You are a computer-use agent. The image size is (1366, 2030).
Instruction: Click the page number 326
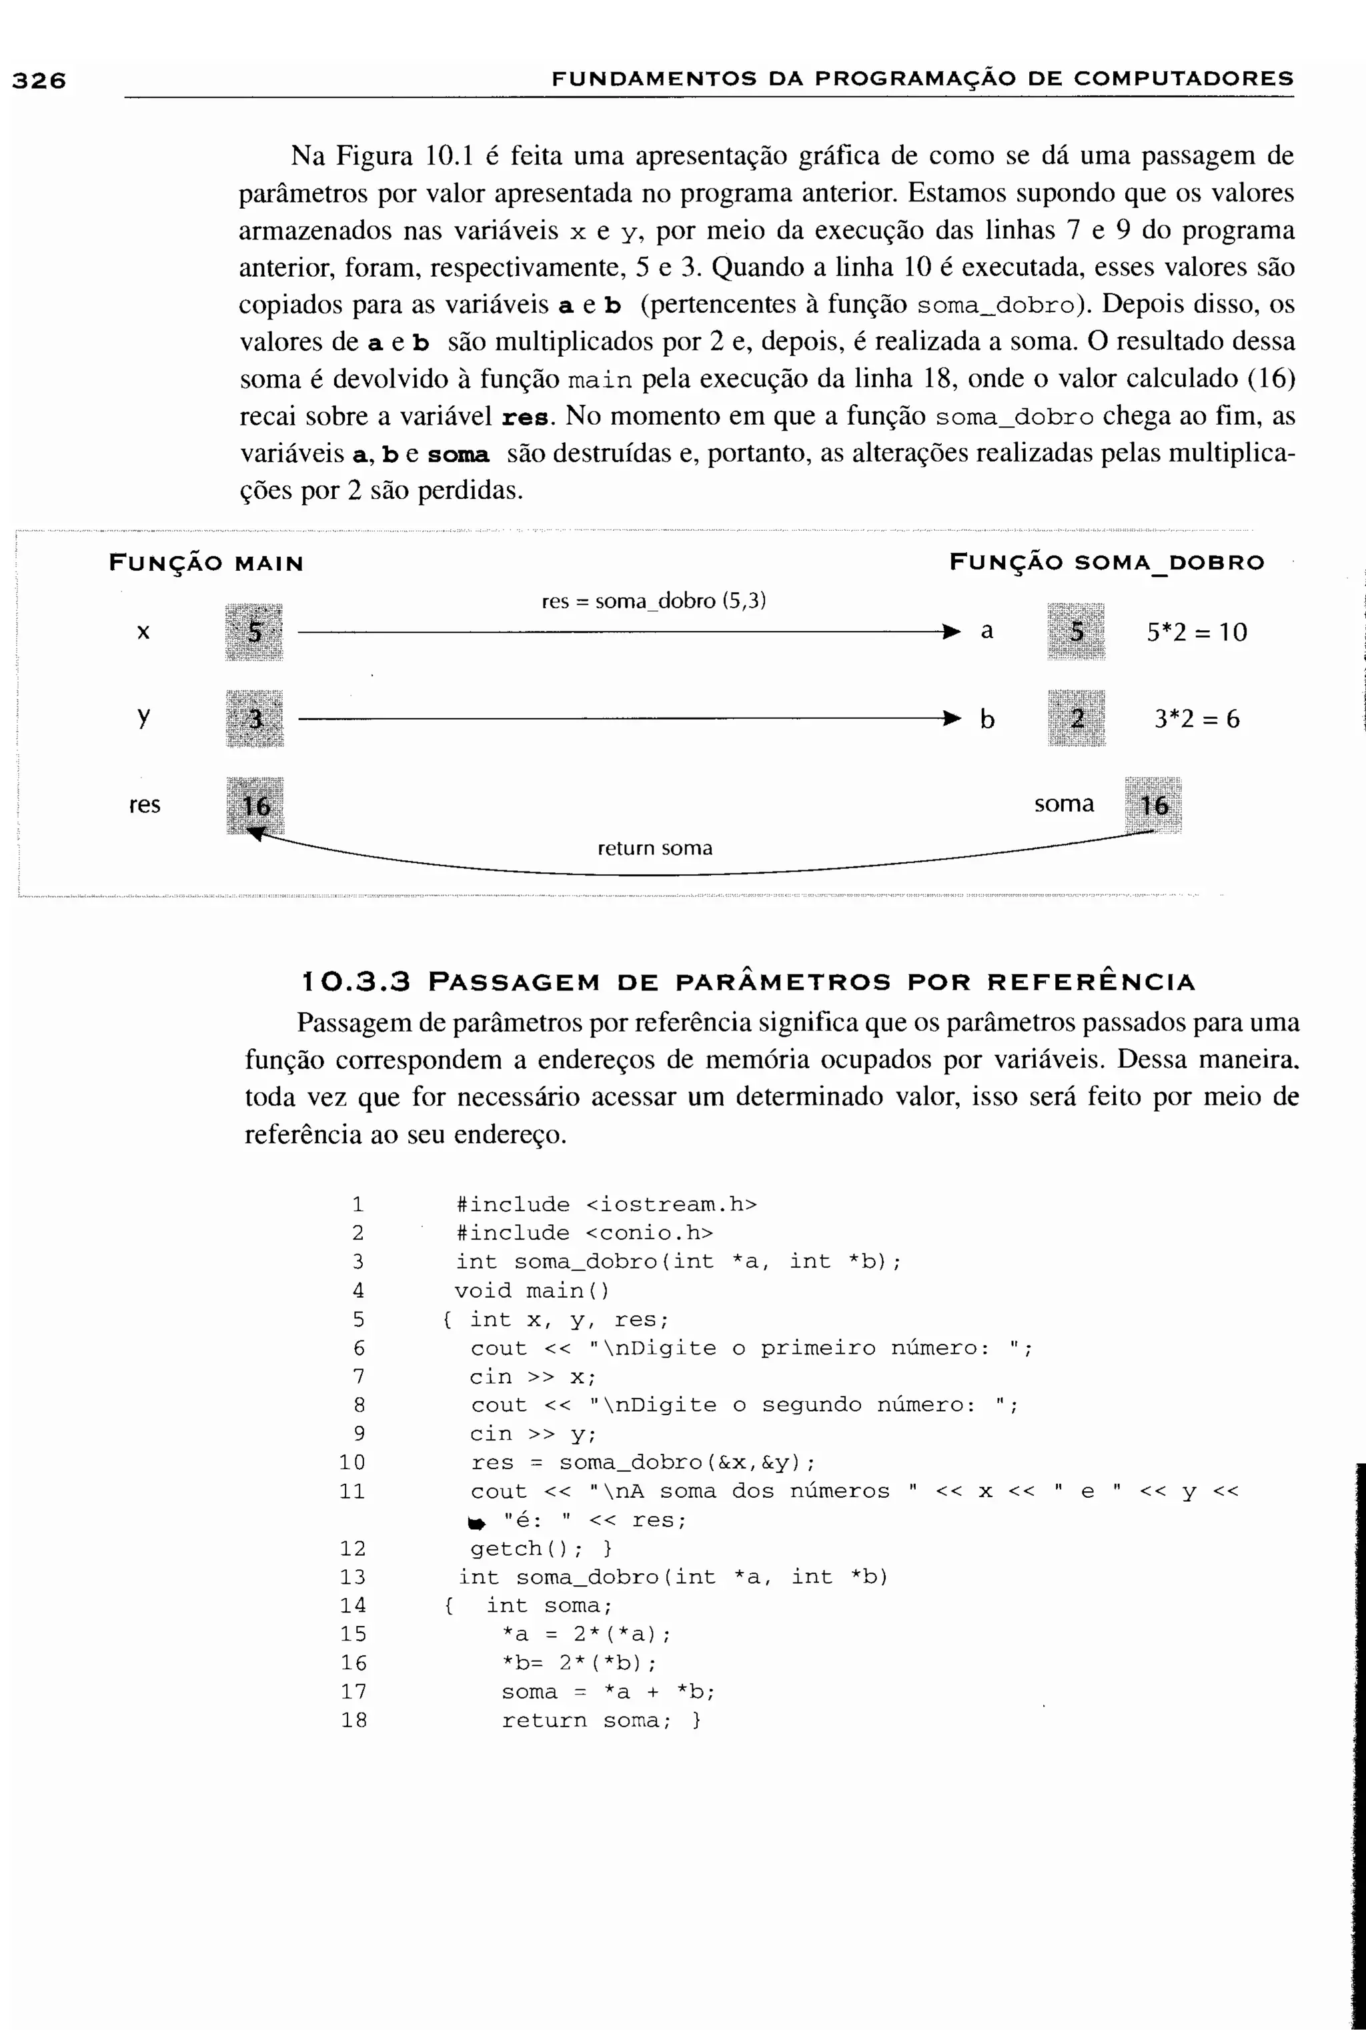38,81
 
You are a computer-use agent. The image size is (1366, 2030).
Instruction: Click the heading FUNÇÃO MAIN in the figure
205,564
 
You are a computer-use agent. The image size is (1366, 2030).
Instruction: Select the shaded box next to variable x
254,632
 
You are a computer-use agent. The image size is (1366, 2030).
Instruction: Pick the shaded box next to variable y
254,718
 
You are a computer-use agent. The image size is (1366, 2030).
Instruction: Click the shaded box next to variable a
1077,632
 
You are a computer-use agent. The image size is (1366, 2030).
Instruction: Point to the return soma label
654,848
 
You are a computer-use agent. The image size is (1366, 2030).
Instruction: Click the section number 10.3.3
356,982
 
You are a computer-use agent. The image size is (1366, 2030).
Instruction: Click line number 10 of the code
353,1462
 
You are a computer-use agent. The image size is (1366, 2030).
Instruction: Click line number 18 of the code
354,1720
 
